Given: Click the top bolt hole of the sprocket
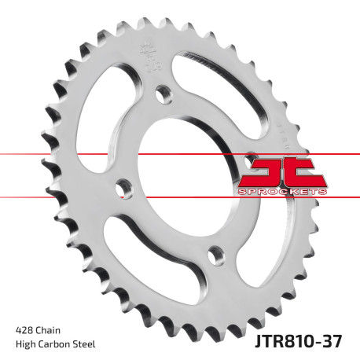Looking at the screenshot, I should pos(165,95).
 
